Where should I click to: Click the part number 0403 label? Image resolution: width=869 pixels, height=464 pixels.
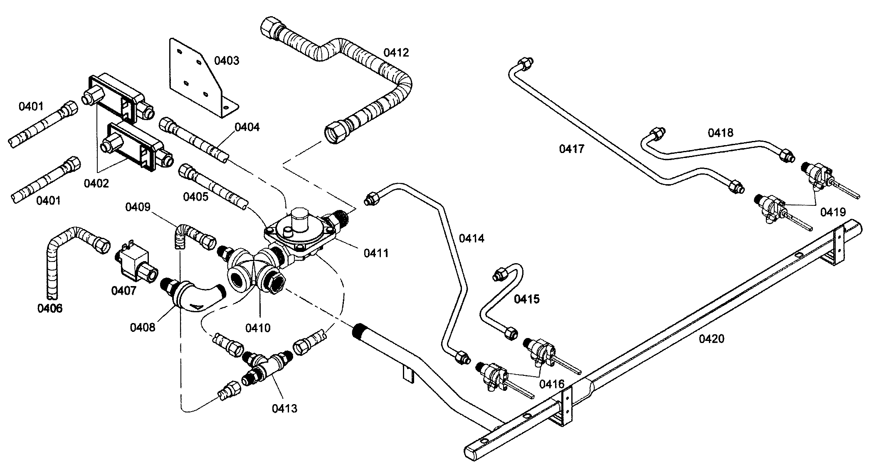click(x=227, y=61)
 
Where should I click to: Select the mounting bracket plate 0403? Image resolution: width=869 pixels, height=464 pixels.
click(x=195, y=77)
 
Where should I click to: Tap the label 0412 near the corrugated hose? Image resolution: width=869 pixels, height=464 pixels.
click(x=396, y=52)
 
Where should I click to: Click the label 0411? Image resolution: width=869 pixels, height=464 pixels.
click(x=376, y=253)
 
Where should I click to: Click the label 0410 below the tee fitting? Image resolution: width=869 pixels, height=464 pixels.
click(x=258, y=328)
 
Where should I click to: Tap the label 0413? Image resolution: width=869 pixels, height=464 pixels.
click(x=285, y=408)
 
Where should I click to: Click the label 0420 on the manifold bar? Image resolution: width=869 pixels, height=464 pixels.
click(x=711, y=339)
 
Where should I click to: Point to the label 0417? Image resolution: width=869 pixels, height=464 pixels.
click(x=572, y=148)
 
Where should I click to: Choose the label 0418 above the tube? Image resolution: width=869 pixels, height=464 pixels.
click(x=721, y=133)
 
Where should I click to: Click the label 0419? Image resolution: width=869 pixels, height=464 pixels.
click(x=833, y=212)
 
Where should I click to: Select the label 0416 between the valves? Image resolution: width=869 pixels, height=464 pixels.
click(x=552, y=383)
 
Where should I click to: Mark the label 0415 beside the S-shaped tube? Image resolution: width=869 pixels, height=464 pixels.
click(x=527, y=299)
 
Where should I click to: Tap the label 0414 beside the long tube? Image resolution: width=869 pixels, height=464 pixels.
click(x=472, y=238)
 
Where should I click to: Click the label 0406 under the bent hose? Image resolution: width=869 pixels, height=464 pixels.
click(x=50, y=308)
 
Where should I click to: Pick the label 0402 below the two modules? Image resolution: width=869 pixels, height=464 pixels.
click(x=96, y=183)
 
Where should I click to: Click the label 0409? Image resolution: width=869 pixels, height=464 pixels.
click(x=138, y=207)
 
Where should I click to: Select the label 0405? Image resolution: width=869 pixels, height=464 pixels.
click(x=195, y=196)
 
